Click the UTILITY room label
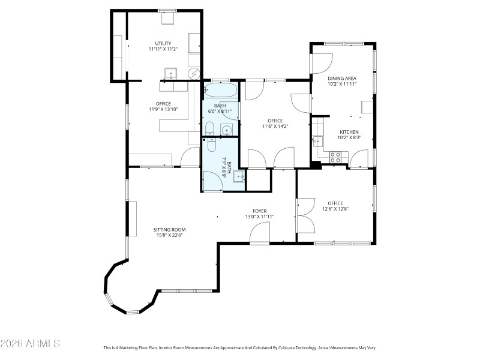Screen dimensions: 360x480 click(x=163, y=43)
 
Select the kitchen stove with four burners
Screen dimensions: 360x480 click(x=336, y=157)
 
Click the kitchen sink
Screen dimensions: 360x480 click(x=317, y=142)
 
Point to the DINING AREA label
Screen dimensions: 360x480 click(x=342, y=78)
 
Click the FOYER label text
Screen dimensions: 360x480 click(x=259, y=211)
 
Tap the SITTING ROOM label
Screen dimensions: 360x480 click(x=169, y=229)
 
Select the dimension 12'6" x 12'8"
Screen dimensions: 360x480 click(x=335, y=209)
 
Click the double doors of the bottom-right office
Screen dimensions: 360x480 click(x=305, y=215)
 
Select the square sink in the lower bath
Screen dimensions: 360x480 click(x=238, y=175)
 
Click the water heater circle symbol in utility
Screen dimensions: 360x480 click(x=195, y=73)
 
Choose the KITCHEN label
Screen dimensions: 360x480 click(x=349, y=132)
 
